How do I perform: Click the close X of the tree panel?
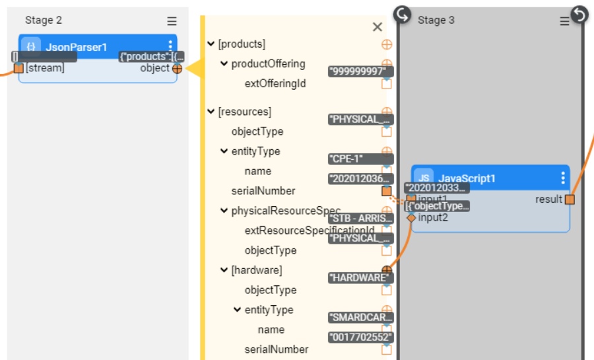(378, 27)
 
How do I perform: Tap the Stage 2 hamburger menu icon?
(172, 21)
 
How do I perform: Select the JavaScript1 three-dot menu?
(563, 178)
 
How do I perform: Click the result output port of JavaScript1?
(570, 199)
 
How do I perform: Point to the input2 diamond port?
(411, 217)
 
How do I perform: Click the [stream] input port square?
(18, 68)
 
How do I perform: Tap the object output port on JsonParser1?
(177, 68)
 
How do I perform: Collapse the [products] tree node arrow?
(211, 44)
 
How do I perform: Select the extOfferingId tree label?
(275, 84)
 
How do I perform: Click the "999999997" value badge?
(361, 71)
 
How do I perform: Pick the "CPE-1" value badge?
(361, 159)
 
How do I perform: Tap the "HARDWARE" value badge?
(360, 277)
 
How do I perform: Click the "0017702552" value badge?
(361, 337)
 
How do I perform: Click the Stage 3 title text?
(436, 20)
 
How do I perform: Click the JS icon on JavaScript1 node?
(424, 178)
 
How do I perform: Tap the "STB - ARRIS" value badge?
(361, 218)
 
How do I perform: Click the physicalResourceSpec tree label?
(286, 211)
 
